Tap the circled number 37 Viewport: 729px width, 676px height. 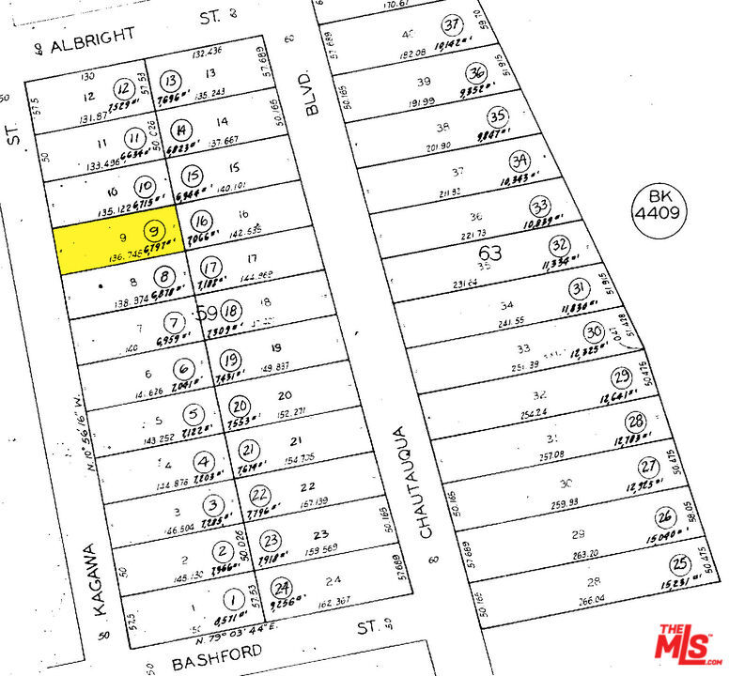pos(455,25)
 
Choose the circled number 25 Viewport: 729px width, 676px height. pos(680,564)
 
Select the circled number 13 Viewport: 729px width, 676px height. pos(171,81)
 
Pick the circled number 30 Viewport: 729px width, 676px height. pos(593,332)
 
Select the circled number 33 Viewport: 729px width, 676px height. pos(539,206)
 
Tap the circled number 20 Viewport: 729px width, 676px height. pos(240,407)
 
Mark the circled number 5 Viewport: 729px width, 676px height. pos(193,414)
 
